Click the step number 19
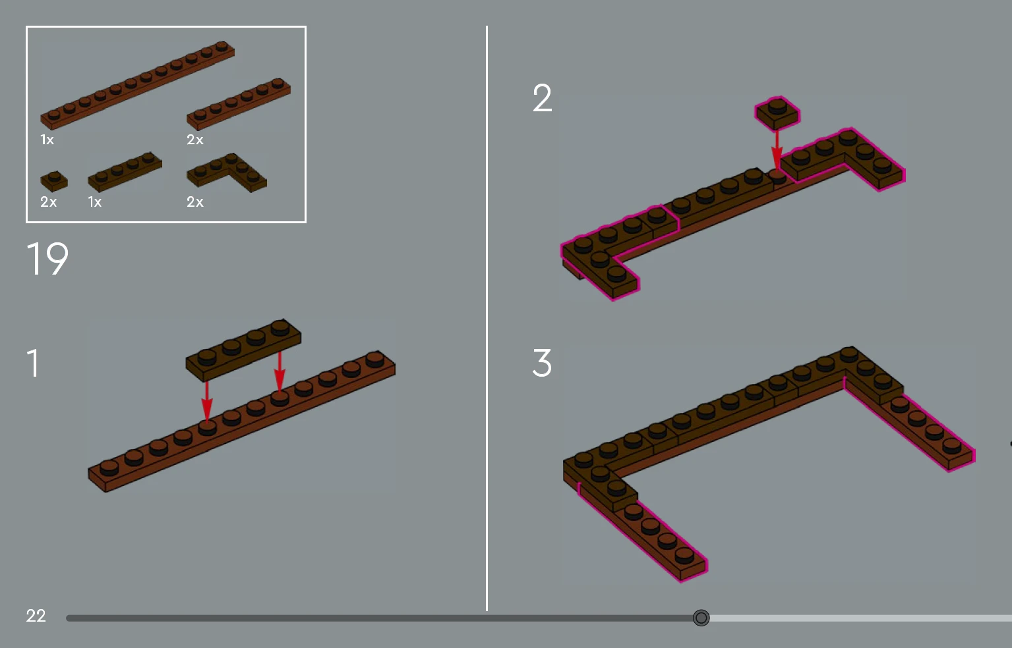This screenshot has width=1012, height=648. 47,258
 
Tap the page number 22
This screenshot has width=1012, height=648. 36,616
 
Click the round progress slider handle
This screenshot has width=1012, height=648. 701,618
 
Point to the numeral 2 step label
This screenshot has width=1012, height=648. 542,98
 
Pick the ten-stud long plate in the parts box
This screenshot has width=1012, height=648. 137,86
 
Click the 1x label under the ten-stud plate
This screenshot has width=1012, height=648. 47,140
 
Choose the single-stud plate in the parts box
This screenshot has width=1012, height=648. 54,181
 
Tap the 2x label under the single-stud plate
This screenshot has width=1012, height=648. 48,202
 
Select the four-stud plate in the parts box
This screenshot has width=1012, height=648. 125,171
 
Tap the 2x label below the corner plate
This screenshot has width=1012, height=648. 194,202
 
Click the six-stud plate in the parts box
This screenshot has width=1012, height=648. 239,104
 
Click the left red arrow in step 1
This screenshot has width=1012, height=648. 207,402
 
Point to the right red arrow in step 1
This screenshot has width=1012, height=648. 280,372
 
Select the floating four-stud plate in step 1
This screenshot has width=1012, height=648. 243,350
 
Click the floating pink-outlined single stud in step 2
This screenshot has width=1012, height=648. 777,113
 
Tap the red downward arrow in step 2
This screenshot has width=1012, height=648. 777,151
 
